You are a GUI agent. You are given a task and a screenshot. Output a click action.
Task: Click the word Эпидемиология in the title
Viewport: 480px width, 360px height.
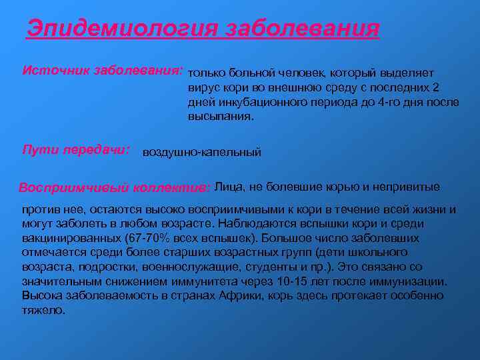[x=122, y=29]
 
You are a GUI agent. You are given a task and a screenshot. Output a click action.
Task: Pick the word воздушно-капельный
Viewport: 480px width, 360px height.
[x=202, y=152]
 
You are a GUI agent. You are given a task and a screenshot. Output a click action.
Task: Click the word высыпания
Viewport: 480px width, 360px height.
[x=219, y=116]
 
